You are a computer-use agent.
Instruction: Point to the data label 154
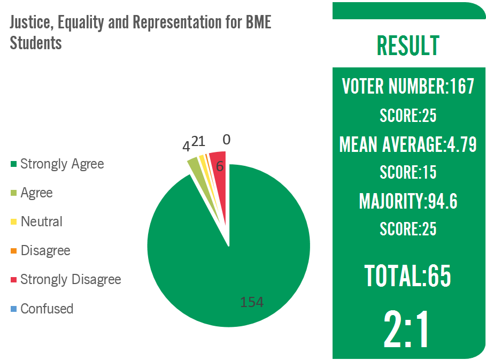click(252, 302)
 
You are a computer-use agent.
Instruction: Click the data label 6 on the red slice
click(219, 167)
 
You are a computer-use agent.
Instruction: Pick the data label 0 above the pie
click(227, 140)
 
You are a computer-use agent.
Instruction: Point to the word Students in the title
click(36, 43)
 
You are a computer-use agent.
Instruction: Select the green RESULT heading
click(408, 46)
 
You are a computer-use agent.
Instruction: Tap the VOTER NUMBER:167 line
click(408, 86)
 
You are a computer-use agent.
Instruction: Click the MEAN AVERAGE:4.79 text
click(408, 144)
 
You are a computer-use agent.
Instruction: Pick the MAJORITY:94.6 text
click(408, 202)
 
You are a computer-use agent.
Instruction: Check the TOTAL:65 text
click(408, 275)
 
